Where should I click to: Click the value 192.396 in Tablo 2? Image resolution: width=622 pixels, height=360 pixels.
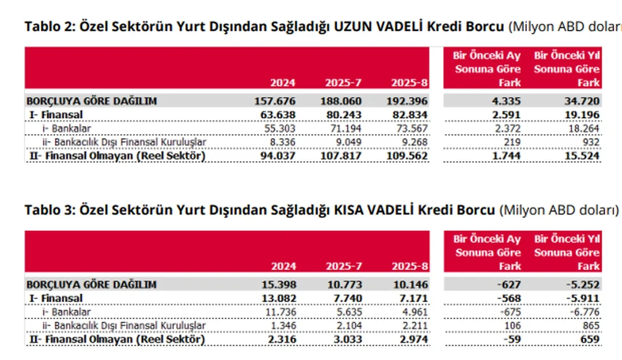[x=409, y=101]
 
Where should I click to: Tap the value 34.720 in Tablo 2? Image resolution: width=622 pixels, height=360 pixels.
[x=581, y=101]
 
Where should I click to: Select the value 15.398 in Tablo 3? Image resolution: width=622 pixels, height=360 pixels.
[x=278, y=285]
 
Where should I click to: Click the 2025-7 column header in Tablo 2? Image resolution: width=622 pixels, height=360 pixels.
[x=343, y=83]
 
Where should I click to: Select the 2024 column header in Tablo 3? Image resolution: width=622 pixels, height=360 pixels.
[x=283, y=266]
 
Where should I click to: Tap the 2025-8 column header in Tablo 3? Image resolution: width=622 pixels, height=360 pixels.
[x=409, y=266]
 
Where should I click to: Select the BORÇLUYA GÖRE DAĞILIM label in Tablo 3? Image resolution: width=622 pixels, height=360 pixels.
[x=91, y=285]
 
